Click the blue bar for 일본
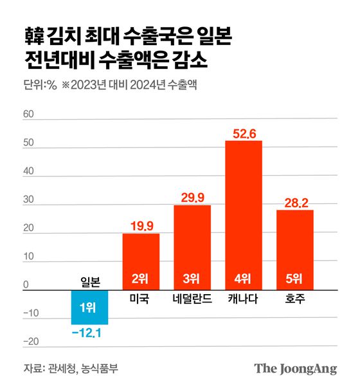(89, 308)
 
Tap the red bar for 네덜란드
(192, 248)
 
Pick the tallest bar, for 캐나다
(244, 215)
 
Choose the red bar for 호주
(295, 250)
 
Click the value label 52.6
(244, 133)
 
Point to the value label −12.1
(89, 332)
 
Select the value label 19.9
(141, 226)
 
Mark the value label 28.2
(295, 203)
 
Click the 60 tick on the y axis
(28, 114)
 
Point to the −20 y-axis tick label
(31, 342)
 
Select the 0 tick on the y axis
(25, 284)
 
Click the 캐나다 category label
(244, 299)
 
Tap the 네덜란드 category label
(192, 299)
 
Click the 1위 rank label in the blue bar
(89, 308)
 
